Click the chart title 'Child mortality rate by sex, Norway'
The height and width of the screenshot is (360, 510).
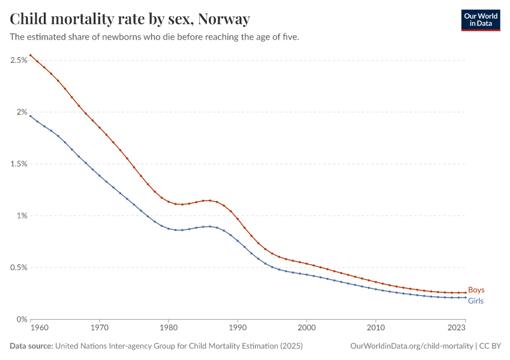(130, 19)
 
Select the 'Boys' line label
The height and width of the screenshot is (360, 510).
(476, 290)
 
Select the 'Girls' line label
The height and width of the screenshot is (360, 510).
(475, 301)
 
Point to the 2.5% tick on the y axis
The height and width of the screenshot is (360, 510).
(18, 60)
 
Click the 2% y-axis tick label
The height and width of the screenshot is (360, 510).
(22, 112)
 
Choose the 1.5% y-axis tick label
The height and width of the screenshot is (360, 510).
(18, 164)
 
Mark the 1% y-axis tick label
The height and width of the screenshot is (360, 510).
(22, 215)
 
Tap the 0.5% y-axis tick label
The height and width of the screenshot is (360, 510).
(18, 268)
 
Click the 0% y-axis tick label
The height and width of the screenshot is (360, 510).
(22, 319)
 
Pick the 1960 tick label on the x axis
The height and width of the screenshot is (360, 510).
(38, 328)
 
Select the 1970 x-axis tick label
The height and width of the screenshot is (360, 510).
(99, 328)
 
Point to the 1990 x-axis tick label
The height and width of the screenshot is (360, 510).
(238, 328)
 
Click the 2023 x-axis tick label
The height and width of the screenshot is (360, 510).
(457, 328)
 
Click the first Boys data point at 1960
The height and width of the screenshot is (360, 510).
(31, 55)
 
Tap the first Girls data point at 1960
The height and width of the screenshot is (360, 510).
(31, 115)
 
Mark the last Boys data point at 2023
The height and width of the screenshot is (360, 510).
(465, 293)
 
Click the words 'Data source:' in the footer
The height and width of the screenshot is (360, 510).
(31, 346)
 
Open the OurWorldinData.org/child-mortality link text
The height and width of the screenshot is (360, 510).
(411, 346)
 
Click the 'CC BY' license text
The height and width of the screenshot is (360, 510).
(490, 346)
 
